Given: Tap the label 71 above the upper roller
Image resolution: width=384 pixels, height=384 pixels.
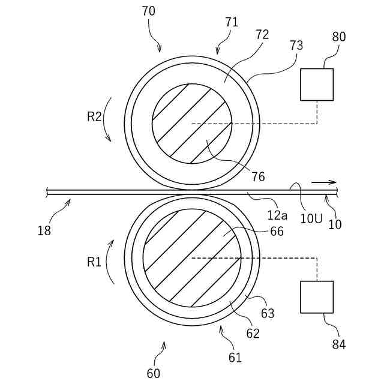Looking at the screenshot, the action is (232, 22).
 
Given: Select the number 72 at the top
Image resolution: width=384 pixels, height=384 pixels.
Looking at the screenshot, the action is (262, 34).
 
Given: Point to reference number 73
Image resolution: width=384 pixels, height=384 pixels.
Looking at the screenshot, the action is (296, 45).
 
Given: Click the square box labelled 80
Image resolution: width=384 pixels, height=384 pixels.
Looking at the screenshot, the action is (317, 84).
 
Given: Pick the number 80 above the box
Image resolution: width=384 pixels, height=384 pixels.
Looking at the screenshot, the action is (339, 37).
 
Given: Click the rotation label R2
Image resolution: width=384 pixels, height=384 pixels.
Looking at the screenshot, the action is (94, 116).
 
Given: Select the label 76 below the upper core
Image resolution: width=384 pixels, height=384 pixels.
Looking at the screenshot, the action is (258, 177).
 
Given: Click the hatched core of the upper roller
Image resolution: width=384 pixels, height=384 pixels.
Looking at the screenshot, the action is (192, 123).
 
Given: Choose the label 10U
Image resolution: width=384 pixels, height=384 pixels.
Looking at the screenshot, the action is (311, 218).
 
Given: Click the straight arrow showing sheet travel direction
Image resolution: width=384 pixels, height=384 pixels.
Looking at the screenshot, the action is (324, 182).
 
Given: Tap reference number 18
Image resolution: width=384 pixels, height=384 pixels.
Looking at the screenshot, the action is (44, 230).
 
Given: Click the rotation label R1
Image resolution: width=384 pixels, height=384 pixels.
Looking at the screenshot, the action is (94, 262).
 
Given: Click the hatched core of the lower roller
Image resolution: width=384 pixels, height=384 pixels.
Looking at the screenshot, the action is (192, 258).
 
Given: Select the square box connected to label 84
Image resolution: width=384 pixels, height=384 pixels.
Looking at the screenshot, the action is (317, 297).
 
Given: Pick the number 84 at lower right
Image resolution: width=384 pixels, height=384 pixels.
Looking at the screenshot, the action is (338, 344).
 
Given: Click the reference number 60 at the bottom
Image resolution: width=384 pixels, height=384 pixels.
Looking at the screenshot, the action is (154, 373).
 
